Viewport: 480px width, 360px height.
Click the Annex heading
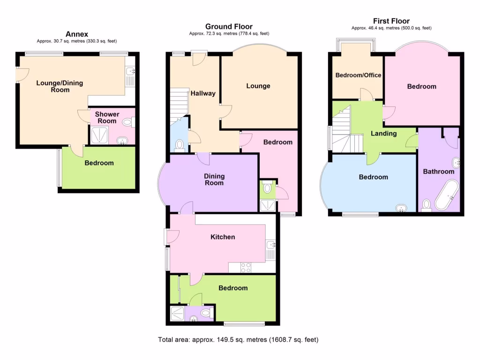(77, 34)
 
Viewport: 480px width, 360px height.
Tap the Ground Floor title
(229, 27)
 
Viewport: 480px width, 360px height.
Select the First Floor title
(391, 21)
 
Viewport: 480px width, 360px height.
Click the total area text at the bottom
(240, 339)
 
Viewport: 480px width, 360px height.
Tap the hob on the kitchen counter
(246, 268)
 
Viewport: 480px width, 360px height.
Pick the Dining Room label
(214, 180)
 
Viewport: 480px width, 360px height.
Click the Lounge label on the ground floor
(258, 86)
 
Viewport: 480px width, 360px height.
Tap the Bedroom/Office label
(358, 75)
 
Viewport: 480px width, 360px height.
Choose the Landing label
(384, 134)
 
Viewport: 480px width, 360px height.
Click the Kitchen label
(222, 237)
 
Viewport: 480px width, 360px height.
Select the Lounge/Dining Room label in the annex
(60, 86)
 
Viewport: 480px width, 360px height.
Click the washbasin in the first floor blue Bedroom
(401, 208)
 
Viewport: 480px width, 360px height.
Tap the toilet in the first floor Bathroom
(426, 205)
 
